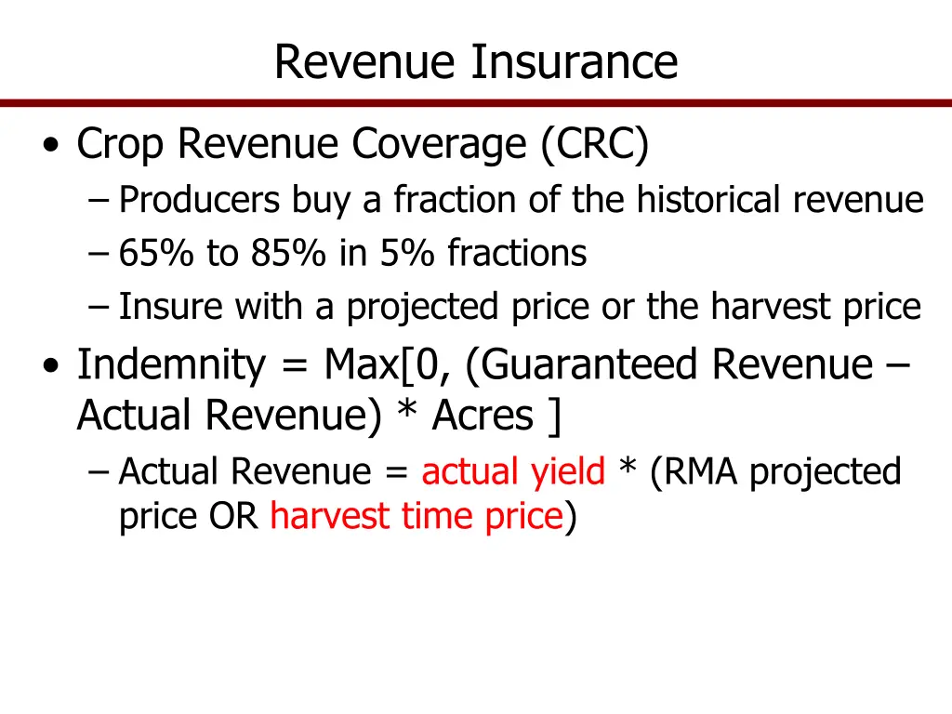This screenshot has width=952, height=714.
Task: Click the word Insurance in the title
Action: [574, 62]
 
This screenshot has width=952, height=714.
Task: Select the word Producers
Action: [200, 200]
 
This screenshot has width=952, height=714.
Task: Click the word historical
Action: [710, 200]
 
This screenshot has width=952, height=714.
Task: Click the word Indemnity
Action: [171, 365]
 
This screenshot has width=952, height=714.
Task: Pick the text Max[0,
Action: [390, 365]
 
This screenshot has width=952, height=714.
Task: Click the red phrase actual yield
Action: [513, 472]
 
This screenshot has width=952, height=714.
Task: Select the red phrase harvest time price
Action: [416, 515]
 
